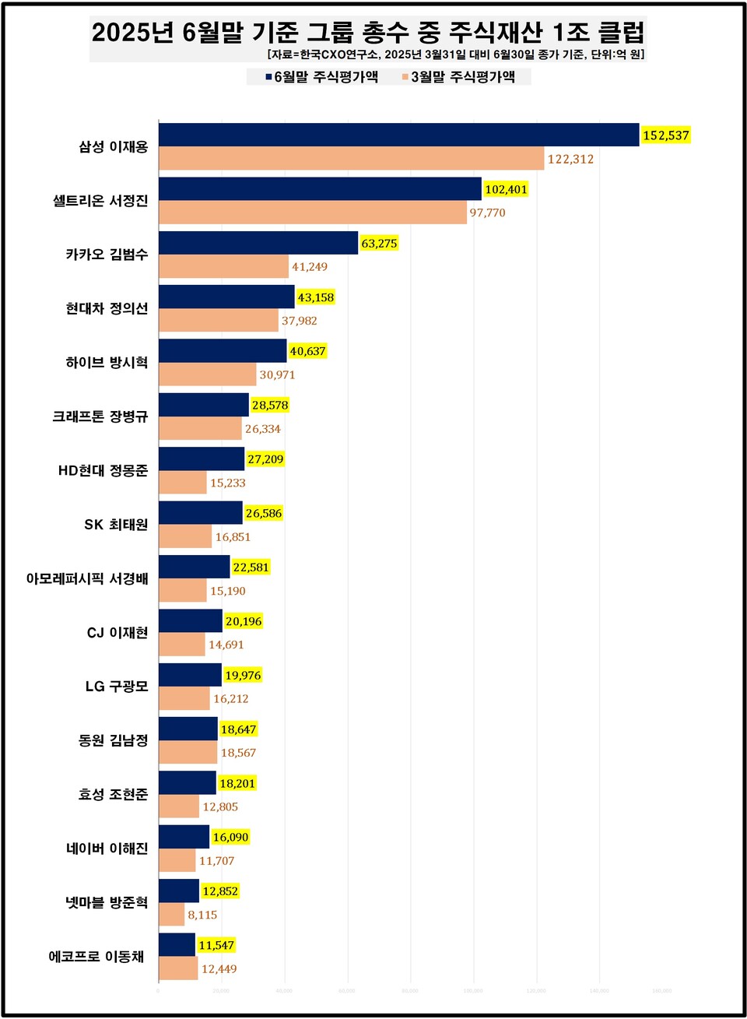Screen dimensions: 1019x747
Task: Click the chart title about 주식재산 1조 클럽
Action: tap(368, 32)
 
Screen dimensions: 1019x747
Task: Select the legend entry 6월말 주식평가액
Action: tap(321, 76)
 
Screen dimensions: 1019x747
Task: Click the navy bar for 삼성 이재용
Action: tap(398, 135)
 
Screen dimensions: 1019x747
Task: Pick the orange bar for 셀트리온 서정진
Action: tap(312, 213)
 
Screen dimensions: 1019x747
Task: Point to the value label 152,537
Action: tap(665, 135)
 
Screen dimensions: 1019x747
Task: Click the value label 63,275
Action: tap(379, 244)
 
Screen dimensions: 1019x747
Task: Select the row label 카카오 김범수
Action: tap(107, 255)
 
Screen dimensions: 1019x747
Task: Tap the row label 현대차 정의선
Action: tap(107, 308)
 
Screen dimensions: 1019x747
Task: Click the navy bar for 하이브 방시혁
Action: tap(223, 351)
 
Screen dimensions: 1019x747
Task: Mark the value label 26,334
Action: tap(263, 429)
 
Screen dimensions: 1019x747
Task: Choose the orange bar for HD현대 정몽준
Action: tap(183, 483)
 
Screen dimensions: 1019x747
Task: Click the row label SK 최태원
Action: tap(116, 525)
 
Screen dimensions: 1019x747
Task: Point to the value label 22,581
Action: tap(251, 567)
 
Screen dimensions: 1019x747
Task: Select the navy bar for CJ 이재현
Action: tap(191, 621)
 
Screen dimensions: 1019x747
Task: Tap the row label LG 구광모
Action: tap(117, 687)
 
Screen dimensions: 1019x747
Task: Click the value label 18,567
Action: tap(238, 753)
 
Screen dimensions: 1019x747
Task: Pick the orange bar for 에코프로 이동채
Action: tap(178, 968)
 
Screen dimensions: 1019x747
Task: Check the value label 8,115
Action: tap(202, 915)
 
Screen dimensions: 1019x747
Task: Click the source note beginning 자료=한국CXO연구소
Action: tap(455, 54)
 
